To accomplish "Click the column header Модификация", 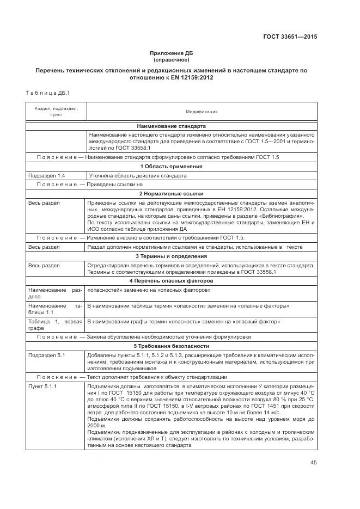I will click(x=202, y=112).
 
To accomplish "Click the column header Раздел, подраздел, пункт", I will click(x=56, y=112).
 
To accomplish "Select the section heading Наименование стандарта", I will click(x=171, y=126).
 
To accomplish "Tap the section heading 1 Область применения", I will click(x=171, y=166).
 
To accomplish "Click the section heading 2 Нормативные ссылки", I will click(x=171, y=193).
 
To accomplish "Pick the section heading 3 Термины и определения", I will click(x=171, y=256).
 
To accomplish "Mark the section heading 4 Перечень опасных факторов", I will click(x=171, y=280).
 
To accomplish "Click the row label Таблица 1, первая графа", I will click(x=54, y=324).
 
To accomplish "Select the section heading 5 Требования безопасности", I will click(x=171, y=346).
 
